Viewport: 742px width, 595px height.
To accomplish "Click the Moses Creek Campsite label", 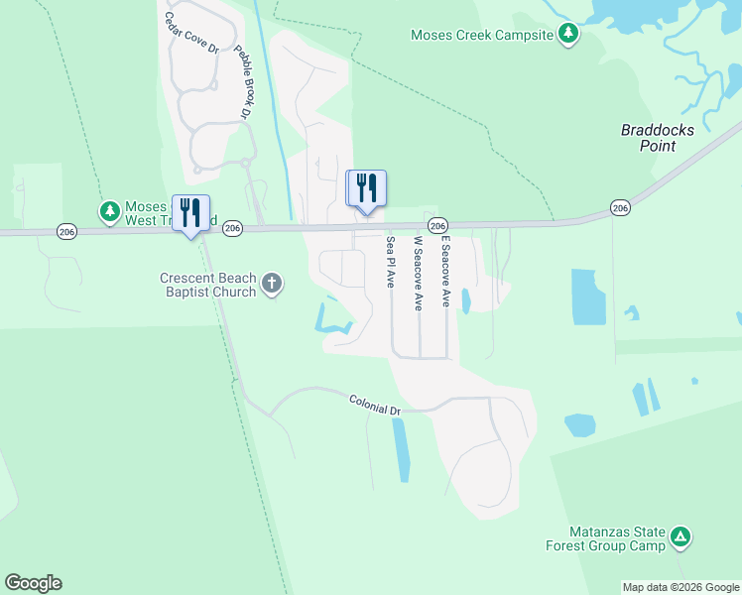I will point(481,36).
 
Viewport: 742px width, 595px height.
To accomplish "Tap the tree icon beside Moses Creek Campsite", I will point(567,36).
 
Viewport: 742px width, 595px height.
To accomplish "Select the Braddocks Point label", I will point(658,138).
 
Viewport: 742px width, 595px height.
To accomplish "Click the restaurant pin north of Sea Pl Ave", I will point(366,187).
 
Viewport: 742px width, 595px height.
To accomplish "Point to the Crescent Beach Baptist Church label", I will point(207,286).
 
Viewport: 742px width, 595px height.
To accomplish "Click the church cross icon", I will point(272,286).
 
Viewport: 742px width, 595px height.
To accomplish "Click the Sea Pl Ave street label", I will point(391,262).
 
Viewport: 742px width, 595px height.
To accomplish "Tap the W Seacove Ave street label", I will point(419,273).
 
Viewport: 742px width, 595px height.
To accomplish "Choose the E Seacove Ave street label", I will point(446,271).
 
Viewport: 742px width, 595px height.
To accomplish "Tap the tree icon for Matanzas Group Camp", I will point(680,538).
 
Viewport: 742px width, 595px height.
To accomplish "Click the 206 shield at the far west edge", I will point(66,231).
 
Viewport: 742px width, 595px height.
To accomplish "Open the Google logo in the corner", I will point(33,583).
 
